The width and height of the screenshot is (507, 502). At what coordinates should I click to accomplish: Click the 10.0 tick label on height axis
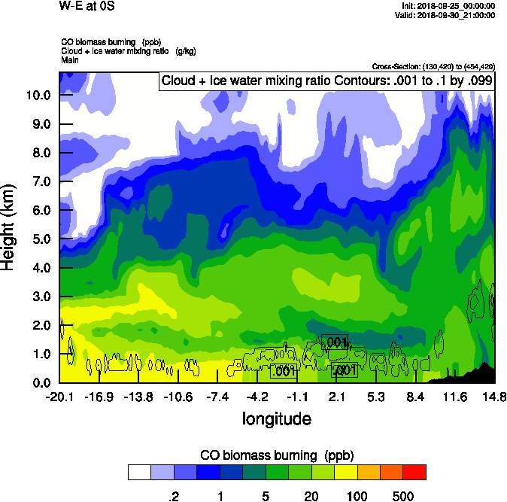(x=38, y=96)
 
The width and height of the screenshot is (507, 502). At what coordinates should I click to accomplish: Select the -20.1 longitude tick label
(x=59, y=397)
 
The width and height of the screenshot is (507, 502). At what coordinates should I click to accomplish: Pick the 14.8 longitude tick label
(x=494, y=397)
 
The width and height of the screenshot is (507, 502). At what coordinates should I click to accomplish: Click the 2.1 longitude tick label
(x=336, y=397)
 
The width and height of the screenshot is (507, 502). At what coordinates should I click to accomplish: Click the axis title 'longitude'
(x=276, y=418)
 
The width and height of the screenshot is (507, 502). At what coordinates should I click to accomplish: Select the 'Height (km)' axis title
(x=9, y=227)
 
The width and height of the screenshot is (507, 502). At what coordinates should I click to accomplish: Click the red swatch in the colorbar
(x=414, y=472)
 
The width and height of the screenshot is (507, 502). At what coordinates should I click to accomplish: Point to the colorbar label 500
(x=403, y=496)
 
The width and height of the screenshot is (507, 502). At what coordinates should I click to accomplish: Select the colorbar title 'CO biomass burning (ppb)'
(x=277, y=455)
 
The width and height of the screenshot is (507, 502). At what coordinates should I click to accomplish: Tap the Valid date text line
(x=447, y=14)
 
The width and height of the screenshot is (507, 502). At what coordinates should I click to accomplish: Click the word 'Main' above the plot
(x=70, y=59)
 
